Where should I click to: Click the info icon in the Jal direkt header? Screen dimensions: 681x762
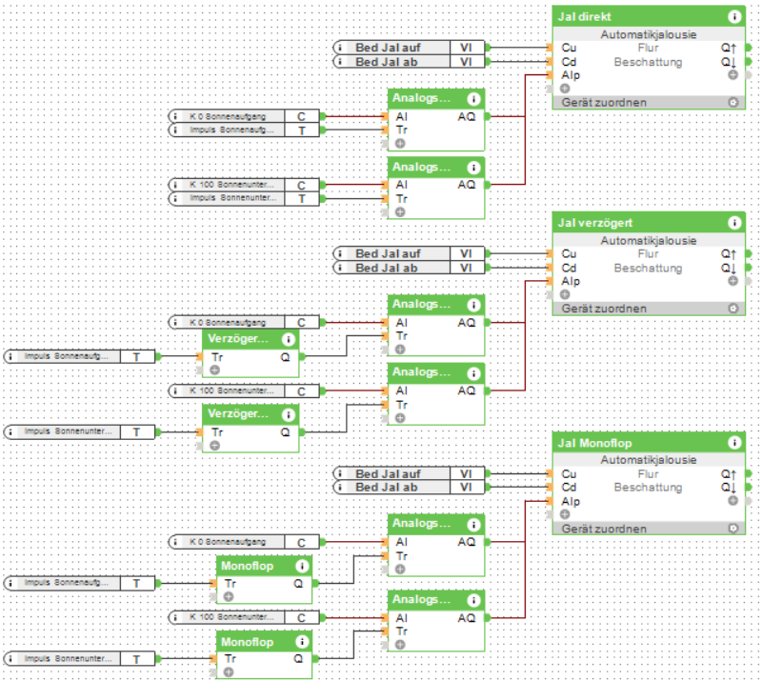point(734,16)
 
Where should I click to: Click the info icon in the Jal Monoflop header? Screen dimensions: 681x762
point(734,443)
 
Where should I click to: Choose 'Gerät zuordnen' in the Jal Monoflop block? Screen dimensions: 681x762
point(604,529)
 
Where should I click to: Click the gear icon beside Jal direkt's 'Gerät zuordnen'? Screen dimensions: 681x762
point(732,102)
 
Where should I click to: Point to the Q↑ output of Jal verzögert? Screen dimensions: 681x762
point(730,254)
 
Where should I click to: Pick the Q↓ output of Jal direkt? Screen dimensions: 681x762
point(730,62)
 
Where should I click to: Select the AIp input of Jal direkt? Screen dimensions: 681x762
point(570,75)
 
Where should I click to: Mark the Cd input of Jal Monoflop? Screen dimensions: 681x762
point(569,488)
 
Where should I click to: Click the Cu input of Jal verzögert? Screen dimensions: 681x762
point(569,254)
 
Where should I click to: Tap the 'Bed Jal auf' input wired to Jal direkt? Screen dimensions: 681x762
point(390,48)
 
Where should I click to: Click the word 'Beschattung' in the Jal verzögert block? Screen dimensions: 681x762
point(648,269)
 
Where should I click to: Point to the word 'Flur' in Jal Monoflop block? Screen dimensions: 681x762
point(648,473)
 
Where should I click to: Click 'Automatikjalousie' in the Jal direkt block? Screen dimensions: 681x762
point(648,34)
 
